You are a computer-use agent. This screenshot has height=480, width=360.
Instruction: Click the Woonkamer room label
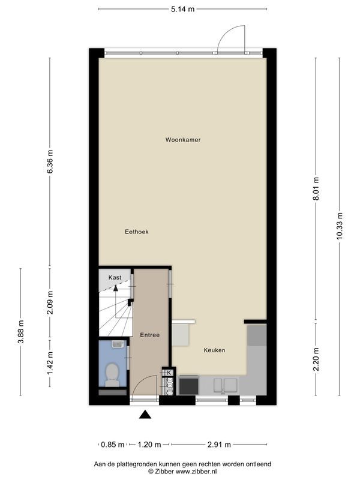click(x=183, y=140)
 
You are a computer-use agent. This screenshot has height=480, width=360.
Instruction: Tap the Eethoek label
click(x=136, y=232)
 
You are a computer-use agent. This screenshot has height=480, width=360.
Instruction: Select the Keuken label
click(x=214, y=350)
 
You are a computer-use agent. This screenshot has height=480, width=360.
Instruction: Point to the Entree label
click(x=149, y=335)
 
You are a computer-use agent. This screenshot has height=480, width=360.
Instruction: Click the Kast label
click(x=115, y=277)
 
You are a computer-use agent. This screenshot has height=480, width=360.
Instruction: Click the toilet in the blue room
click(x=111, y=375)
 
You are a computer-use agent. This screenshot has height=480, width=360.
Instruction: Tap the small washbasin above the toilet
click(x=118, y=344)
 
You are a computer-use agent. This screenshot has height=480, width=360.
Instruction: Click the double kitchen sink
click(x=223, y=385)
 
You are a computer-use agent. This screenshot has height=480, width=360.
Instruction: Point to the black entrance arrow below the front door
click(x=145, y=413)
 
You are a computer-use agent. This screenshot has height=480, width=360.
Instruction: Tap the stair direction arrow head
click(x=116, y=289)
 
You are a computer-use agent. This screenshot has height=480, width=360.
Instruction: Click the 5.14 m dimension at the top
click(x=183, y=10)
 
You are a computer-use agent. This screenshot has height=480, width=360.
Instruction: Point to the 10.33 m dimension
click(x=340, y=226)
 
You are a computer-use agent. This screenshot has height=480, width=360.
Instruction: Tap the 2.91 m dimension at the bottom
click(x=219, y=445)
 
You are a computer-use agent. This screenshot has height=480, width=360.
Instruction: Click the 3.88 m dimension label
click(x=21, y=331)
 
